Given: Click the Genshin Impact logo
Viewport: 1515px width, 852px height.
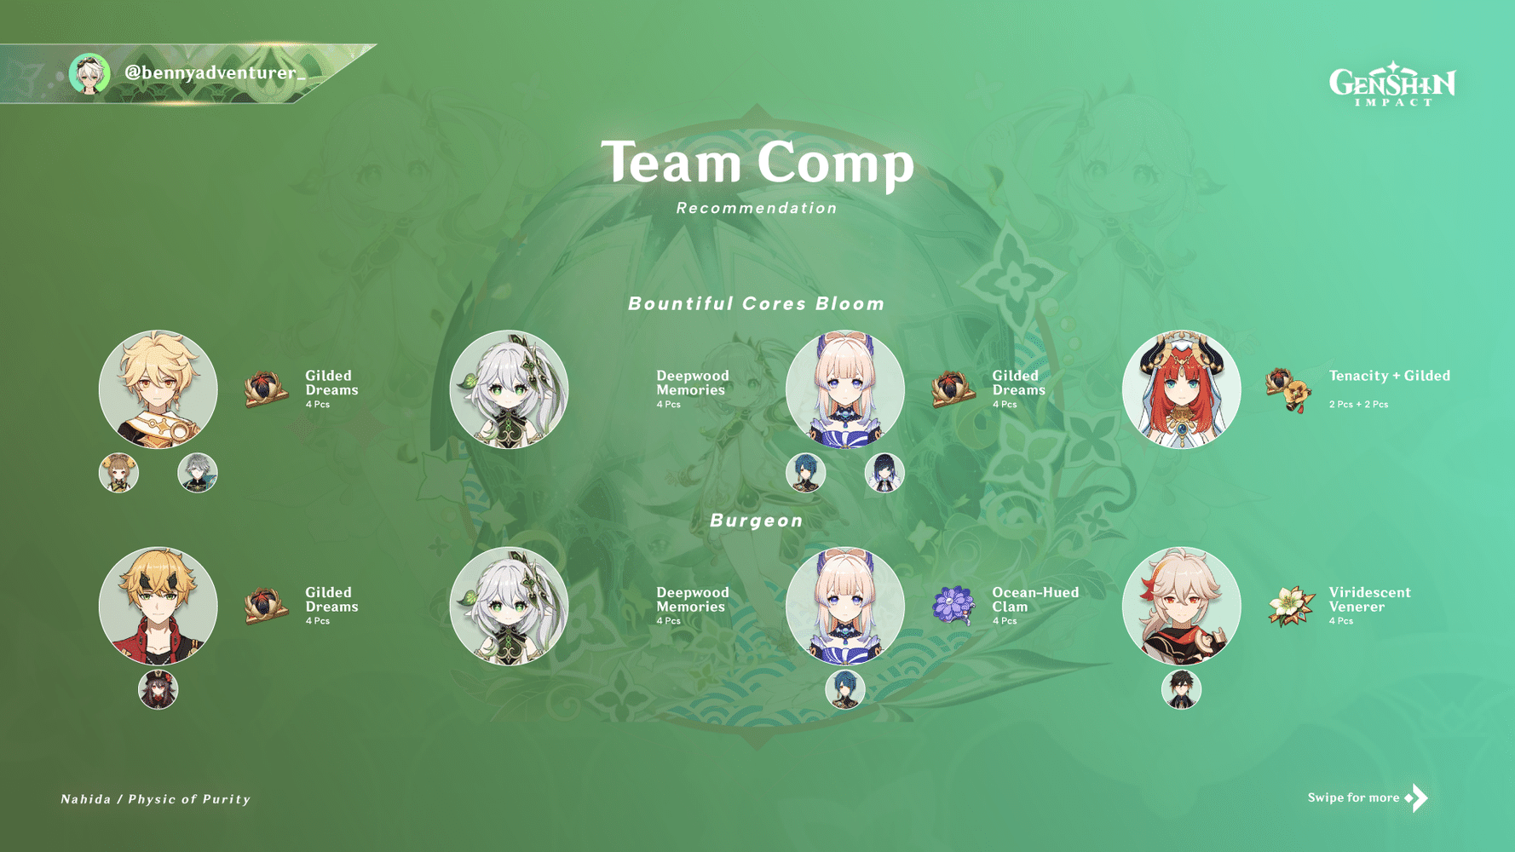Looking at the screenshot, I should [x=1392, y=83].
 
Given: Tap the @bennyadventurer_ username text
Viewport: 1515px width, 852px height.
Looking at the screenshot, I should [x=215, y=73].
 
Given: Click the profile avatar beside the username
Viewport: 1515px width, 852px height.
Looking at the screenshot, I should [x=89, y=74].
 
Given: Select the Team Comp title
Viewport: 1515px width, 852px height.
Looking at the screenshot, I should [x=757, y=162].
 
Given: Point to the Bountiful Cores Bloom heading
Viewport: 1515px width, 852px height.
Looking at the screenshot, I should [x=757, y=304].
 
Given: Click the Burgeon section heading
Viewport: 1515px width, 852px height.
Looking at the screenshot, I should [x=757, y=521].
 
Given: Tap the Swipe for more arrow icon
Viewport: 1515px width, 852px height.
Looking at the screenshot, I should [x=1416, y=797].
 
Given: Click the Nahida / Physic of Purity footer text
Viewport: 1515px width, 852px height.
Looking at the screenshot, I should [x=156, y=799].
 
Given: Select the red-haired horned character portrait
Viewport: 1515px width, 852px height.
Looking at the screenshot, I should [x=1181, y=389].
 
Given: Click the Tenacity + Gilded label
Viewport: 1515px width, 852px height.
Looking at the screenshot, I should [x=1389, y=376].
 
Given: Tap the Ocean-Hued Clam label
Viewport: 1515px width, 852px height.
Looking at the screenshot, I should [x=1034, y=599].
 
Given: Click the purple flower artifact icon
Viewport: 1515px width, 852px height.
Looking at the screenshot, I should [x=953, y=605].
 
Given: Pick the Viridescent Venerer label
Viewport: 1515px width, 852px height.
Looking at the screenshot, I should [x=1369, y=599].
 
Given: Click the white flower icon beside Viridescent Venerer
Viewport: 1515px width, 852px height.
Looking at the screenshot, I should [x=1291, y=605].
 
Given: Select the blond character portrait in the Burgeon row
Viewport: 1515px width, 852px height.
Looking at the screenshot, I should [x=158, y=606].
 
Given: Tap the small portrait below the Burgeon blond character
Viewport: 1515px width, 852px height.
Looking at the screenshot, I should [x=158, y=689].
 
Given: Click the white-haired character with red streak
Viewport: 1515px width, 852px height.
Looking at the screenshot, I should [x=1181, y=606].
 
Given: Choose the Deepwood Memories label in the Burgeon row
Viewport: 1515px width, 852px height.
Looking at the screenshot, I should [x=692, y=599].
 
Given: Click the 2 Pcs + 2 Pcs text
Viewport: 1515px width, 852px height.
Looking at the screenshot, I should [x=1358, y=405].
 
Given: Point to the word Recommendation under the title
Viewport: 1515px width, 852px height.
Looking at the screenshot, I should [x=757, y=208].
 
